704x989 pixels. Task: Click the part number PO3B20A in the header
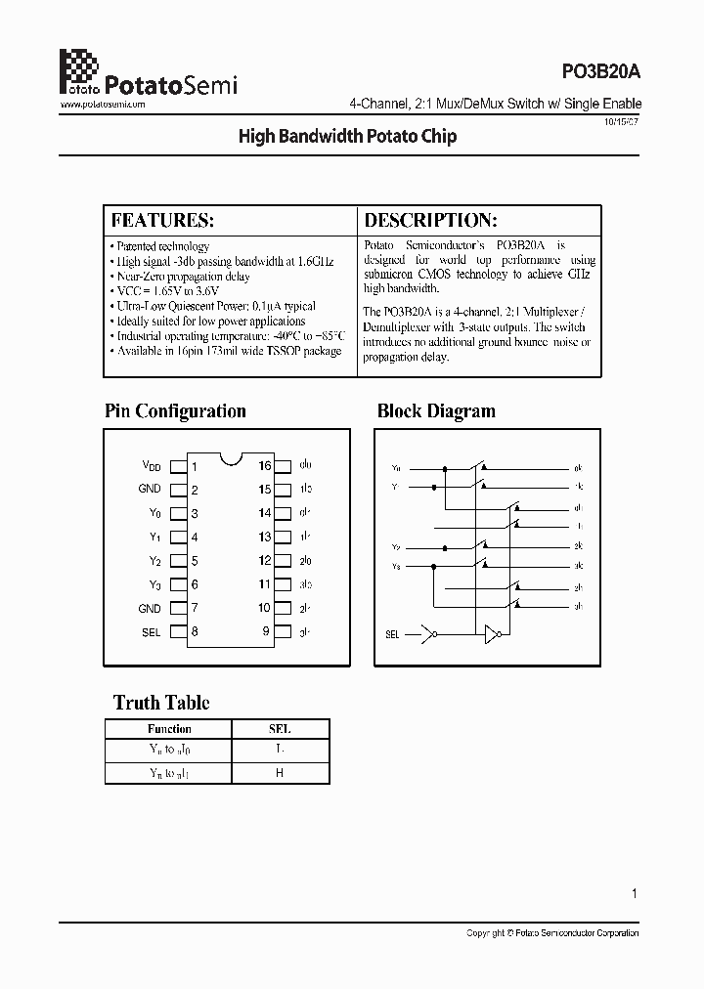point(599,70)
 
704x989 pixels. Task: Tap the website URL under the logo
point(103,104)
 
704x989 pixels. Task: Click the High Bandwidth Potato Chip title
point(347,137)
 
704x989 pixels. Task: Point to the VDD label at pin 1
point(151,466)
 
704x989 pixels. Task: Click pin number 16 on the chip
point(265,466)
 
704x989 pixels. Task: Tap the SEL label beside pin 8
point(151,632)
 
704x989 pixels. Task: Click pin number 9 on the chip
point(266,631)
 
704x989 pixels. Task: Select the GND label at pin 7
point(150,608)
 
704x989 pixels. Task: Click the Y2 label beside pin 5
point(154,561)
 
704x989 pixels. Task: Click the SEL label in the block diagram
point(392,634)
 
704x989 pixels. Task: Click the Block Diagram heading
point(436,411)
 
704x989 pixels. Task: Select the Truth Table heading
point(161,703)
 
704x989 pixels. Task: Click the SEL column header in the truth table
point(280,729)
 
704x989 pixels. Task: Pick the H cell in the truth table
point(280,773)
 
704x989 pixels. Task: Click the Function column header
point(169,729)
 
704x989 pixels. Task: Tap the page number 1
point(635,893)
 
